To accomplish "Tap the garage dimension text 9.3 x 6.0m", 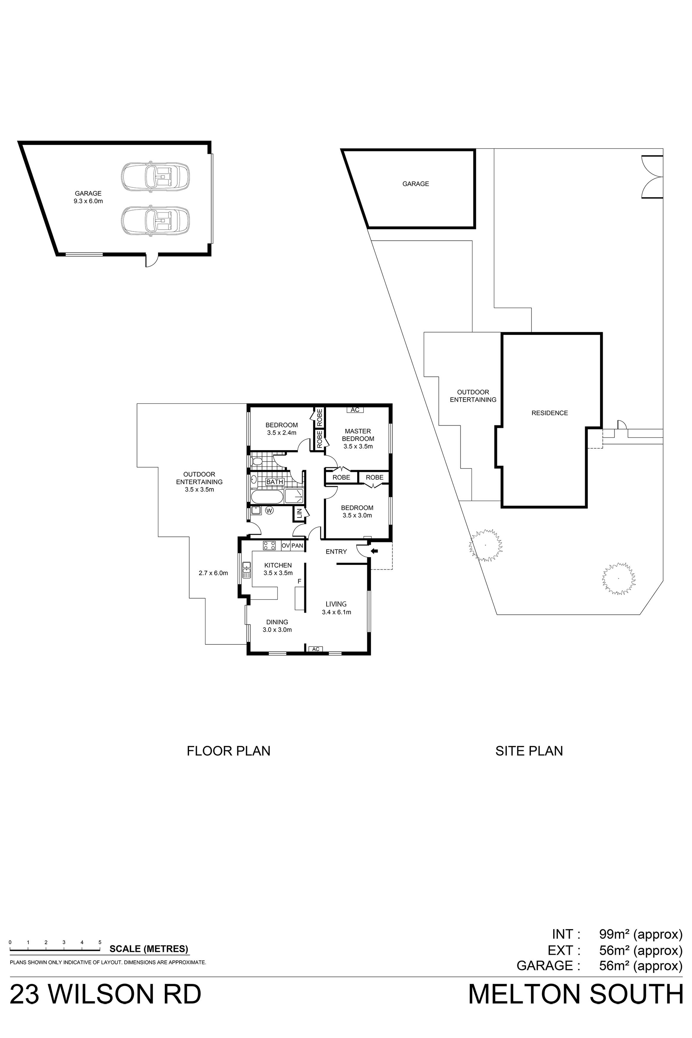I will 88,201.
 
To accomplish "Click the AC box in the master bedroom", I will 355,410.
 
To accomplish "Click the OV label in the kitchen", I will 286,546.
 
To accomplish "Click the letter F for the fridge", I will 299,581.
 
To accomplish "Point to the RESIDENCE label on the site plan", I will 549,413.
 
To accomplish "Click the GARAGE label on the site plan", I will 415,184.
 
